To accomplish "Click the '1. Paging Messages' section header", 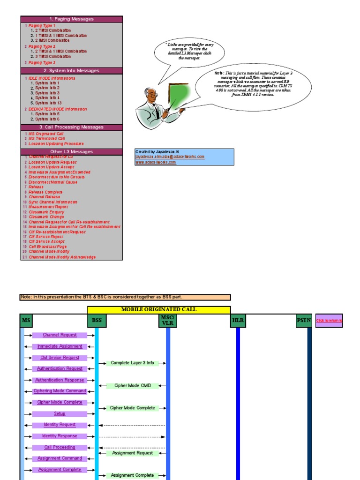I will coord(71,19).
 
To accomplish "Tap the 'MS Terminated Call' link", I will coord(46,139).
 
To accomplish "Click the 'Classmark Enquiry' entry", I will coord(46,212).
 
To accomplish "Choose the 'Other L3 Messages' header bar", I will coord(71,152).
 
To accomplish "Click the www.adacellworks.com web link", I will coord(156,162).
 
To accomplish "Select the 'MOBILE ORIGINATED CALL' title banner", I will coord(159,310).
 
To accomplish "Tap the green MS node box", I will coord(26,321).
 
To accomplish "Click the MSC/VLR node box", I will coord(167,321).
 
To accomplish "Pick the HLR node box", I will coord(238,321).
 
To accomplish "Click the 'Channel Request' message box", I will coord(60,335).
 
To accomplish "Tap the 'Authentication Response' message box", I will coord(60,380).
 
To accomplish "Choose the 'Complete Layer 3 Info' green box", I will coord(133,363).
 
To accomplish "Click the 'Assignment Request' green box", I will coord(133,453).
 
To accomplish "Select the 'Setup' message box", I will coord(60,414).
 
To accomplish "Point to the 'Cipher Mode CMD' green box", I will coord(133,386).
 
